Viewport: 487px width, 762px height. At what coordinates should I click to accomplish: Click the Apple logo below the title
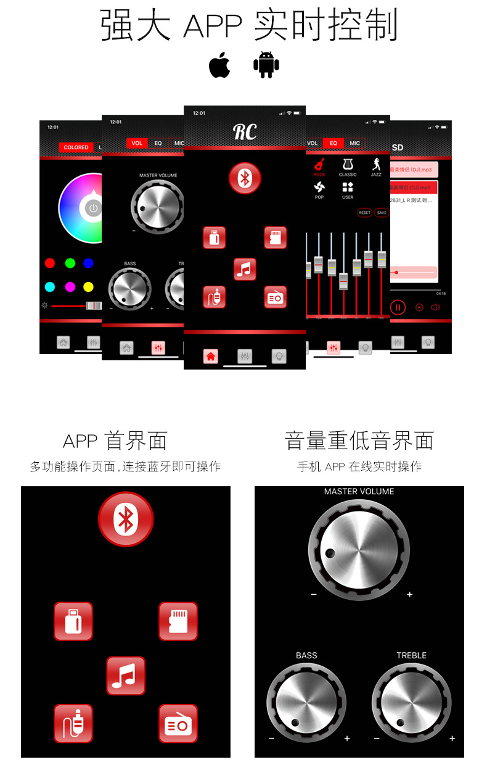coord(219,65)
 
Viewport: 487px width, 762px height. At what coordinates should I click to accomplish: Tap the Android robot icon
coord(266,65)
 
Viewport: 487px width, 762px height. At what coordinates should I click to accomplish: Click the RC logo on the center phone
coord(245,131)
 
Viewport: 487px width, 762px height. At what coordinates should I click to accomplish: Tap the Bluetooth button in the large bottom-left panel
coord(126,519)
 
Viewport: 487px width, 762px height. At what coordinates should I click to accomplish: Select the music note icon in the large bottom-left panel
coord(126,676)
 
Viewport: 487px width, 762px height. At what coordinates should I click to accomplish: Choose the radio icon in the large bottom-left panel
coord(178,723)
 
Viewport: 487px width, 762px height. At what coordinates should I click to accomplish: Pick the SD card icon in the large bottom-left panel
coord(178,621)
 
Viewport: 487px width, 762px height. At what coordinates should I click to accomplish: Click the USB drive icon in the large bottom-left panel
coord(73,621)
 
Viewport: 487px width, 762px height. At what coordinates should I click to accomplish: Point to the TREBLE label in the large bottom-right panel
coord(411,655)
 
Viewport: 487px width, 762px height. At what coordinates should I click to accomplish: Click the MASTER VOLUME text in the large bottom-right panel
coord(359,492)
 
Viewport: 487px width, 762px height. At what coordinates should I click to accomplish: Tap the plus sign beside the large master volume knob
coord(409,595)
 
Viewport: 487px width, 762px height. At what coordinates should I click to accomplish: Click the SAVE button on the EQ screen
coord(382,213)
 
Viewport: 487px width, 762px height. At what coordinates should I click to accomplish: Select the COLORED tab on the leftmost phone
coord(76,147)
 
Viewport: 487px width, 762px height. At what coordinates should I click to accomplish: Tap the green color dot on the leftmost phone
coord(70,263)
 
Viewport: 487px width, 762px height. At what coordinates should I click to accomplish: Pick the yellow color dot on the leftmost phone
coord(88,287)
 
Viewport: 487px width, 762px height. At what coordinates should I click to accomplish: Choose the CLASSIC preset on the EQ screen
coord(348,167)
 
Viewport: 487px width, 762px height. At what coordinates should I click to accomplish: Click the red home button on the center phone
coord(211,356)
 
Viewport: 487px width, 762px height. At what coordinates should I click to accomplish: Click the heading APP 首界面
coord(115,441)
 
